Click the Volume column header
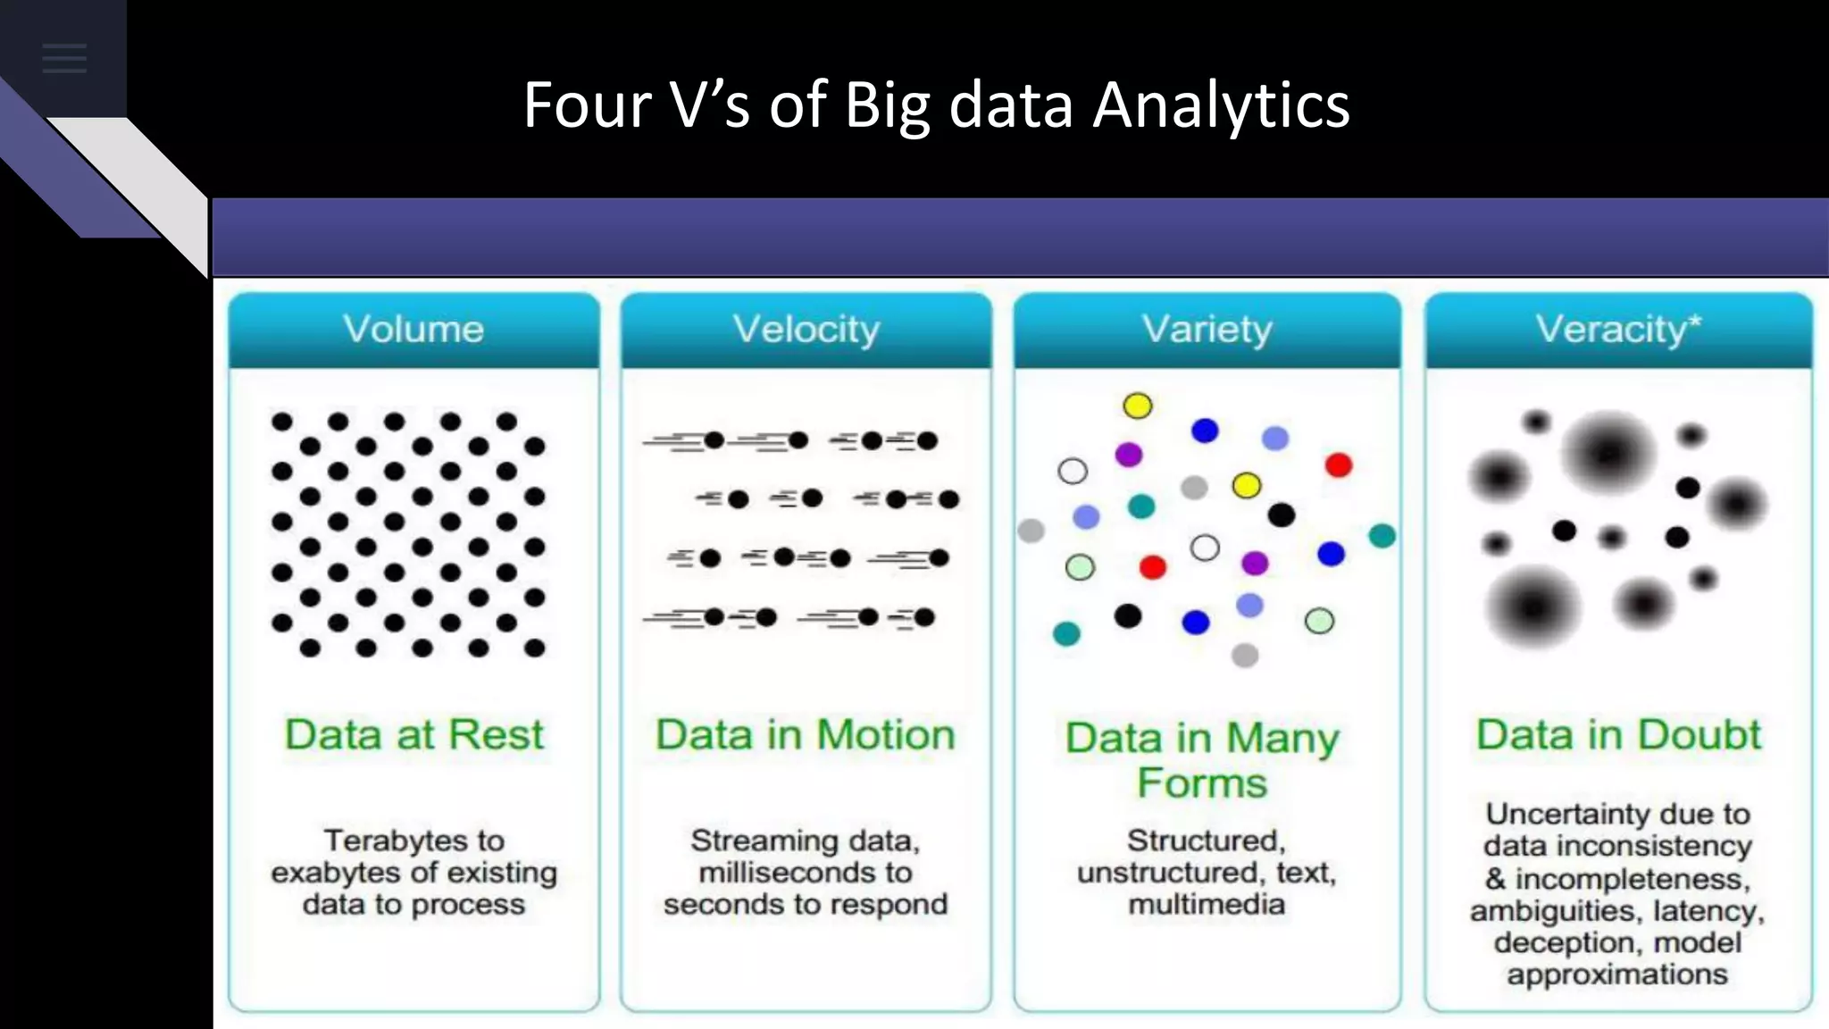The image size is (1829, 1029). (x=413, y=330)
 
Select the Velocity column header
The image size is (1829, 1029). (x=806, y=330)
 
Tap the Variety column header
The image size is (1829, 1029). (x=1207, y=330)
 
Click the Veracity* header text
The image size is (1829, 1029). (x=1617, y=330)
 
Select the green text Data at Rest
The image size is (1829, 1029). (x=413, y=735)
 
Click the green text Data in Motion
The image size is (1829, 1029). (x=806, y=735)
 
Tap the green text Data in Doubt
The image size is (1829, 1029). (x=1618, y=735)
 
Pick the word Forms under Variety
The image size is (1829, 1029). (x=1202, y=783)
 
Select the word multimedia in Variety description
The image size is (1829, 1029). (x=1207, y=905)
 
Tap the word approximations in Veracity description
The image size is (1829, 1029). (x=1617, y=974)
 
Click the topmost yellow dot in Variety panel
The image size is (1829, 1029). (x=1137, y=406)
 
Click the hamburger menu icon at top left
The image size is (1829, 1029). (x=64, y=59)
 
